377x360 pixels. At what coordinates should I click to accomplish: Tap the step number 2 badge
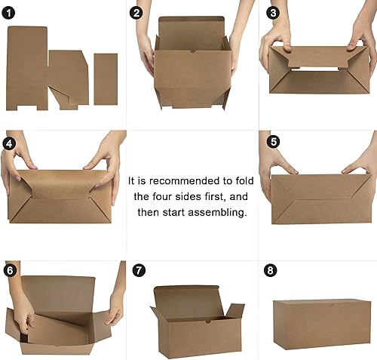point(136,12)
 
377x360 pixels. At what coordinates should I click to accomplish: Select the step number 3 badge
point(272,12)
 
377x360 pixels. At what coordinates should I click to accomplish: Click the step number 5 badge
point(272,140)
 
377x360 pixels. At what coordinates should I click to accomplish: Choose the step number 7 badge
point(136,269)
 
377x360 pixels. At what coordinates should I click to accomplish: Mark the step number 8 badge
point(272,269)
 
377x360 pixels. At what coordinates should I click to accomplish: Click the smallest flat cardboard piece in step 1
point(106,78)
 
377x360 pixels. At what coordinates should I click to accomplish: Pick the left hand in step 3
point(275,38)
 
